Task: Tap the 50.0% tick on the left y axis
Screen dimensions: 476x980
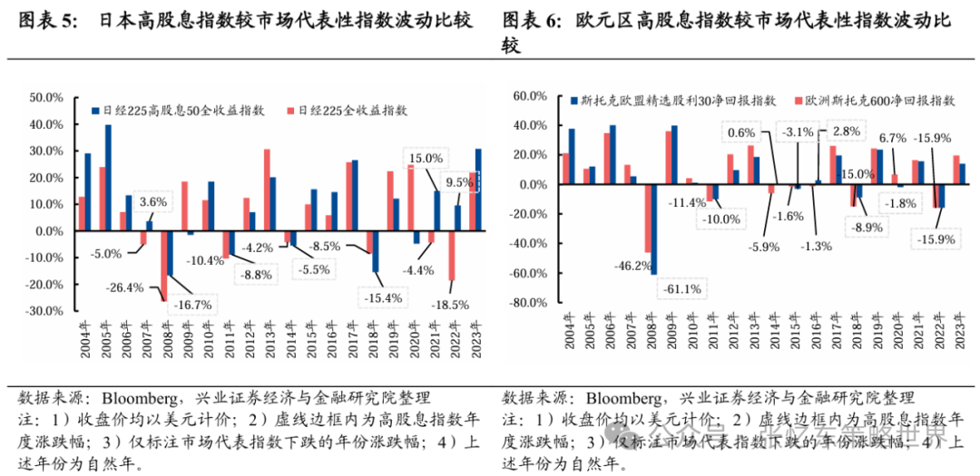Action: (x=44, y=97)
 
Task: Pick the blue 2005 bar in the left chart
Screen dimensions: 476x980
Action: (x=108, y=177)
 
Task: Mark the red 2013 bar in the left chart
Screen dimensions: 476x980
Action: (x=267, y=189)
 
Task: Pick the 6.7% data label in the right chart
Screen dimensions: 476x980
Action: (x=893, y=139)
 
